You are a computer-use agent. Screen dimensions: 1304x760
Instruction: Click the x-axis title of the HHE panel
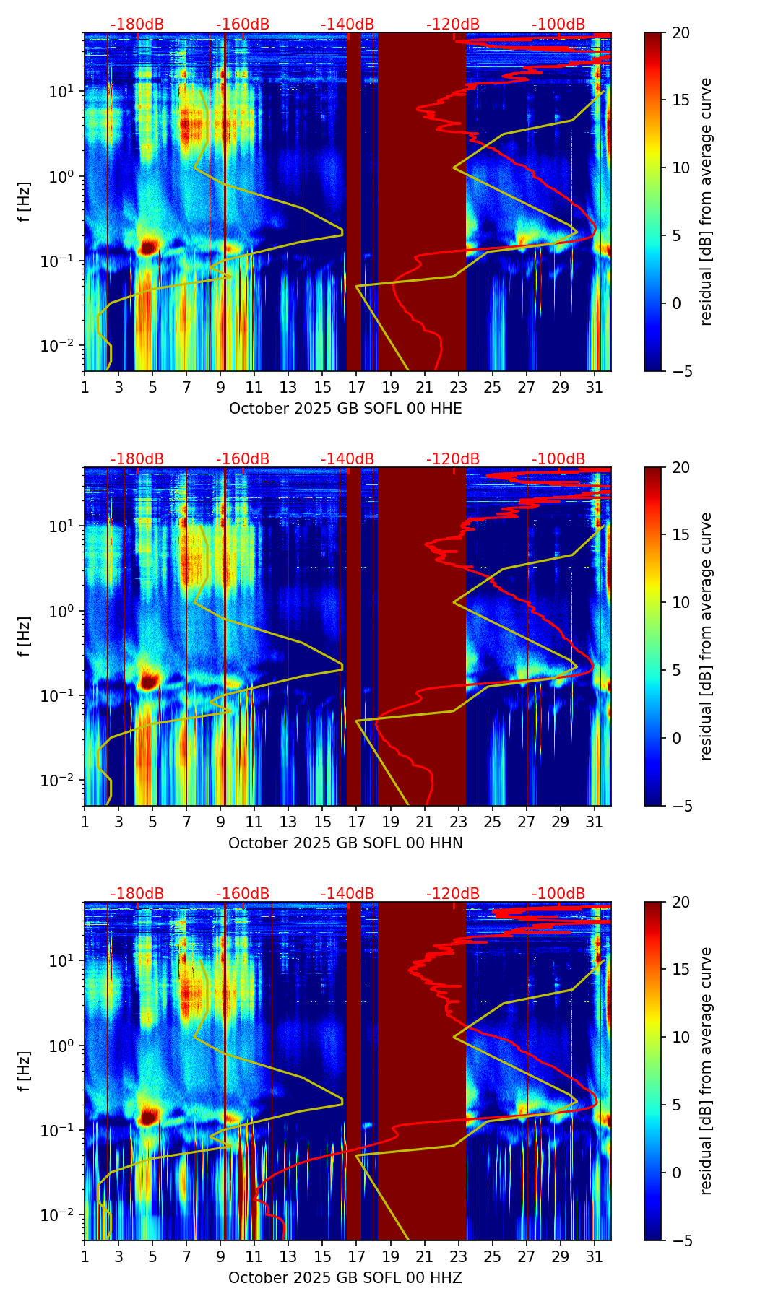point(345,409)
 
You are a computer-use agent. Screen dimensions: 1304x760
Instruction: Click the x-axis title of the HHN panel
point(345,843)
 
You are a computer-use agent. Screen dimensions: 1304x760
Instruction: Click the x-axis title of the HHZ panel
point(345,1278)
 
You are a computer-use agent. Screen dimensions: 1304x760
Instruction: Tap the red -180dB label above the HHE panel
point(137,25)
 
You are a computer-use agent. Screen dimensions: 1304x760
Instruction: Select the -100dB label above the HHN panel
point(558,459)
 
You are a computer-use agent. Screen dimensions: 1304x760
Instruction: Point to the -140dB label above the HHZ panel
point(347,894)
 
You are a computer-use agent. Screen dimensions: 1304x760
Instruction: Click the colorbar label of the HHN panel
point(707,636)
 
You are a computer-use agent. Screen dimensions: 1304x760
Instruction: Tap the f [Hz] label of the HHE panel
point(25,201)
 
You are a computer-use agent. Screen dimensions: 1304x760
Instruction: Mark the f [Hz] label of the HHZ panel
point(25,1071)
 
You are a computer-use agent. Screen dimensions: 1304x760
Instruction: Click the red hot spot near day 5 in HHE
point(148,247)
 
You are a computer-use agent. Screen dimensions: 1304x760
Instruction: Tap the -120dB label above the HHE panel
point(453,25)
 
